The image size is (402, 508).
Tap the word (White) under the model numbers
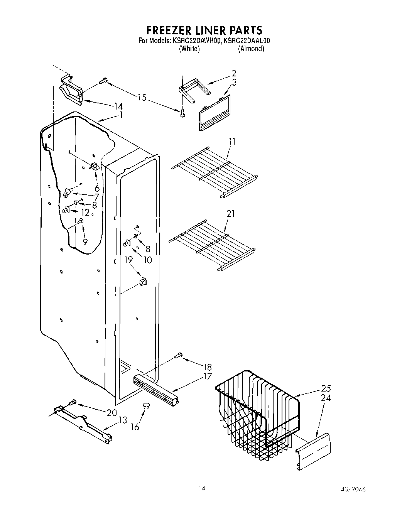pyautogui.click(x=189, y=49)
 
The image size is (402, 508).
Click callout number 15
pyautogui.click(x=142, y=98)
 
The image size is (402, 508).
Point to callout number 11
pyautogui.click(x=232, y=142)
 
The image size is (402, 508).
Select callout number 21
pyautogui.click(x=231, y=213)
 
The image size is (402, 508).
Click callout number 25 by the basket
pyautogui.click(x=326, y=388)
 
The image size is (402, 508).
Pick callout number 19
pyautogui.click(x=128, y=260)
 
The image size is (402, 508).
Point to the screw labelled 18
pyautogui.click(x=179, y=355)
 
